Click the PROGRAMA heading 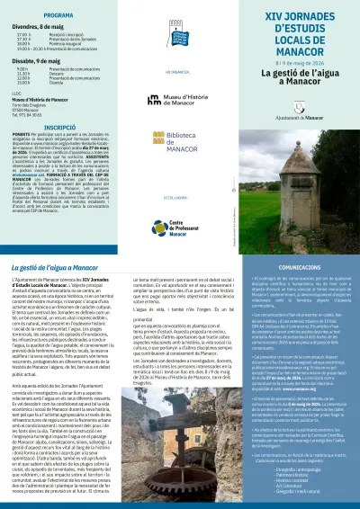coord(33,16)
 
